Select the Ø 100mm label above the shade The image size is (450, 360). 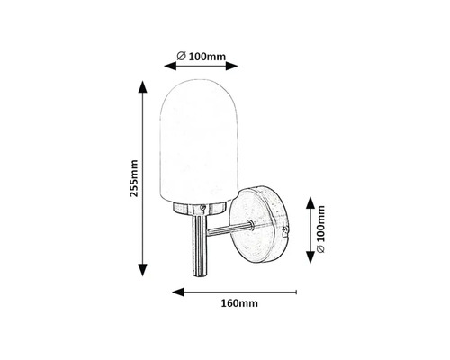coord(202,57)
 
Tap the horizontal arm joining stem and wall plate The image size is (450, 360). coord(228,231)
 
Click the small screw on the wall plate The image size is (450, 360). coord(286,231)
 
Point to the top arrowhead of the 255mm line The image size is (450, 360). coord(141,87)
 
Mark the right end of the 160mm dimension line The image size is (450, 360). coord(296,292)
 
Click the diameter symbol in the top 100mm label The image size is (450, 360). coord(182,57)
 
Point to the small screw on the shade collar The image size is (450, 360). coord(205,207)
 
